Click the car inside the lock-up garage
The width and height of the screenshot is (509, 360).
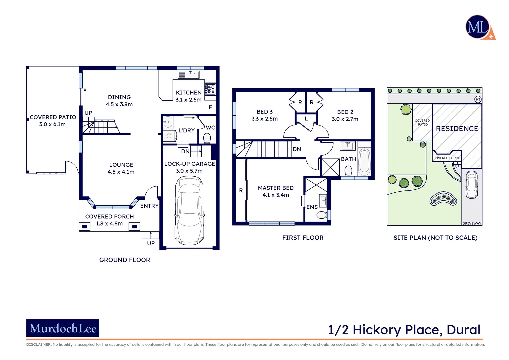189,211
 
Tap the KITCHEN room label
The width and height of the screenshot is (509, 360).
189,93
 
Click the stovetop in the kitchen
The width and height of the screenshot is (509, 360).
210,89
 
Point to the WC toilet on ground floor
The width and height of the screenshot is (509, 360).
207,138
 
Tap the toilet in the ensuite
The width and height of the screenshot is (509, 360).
322,215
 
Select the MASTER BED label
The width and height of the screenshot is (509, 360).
276,188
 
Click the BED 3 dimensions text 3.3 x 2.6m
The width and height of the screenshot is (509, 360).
264,119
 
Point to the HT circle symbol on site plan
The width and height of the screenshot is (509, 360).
478,99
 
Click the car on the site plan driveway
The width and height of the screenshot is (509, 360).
471,184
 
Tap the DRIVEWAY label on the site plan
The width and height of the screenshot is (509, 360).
472,223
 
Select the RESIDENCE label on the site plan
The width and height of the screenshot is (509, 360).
457,129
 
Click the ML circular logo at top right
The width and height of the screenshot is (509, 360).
478,27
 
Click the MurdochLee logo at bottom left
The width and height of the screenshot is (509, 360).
63,328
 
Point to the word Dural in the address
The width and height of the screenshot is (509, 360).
463,330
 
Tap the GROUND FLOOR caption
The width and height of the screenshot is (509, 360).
125,260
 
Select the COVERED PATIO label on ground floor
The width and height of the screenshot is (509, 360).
53,117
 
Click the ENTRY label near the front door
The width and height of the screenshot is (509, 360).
149,206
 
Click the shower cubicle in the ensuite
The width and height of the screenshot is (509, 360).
316,185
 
